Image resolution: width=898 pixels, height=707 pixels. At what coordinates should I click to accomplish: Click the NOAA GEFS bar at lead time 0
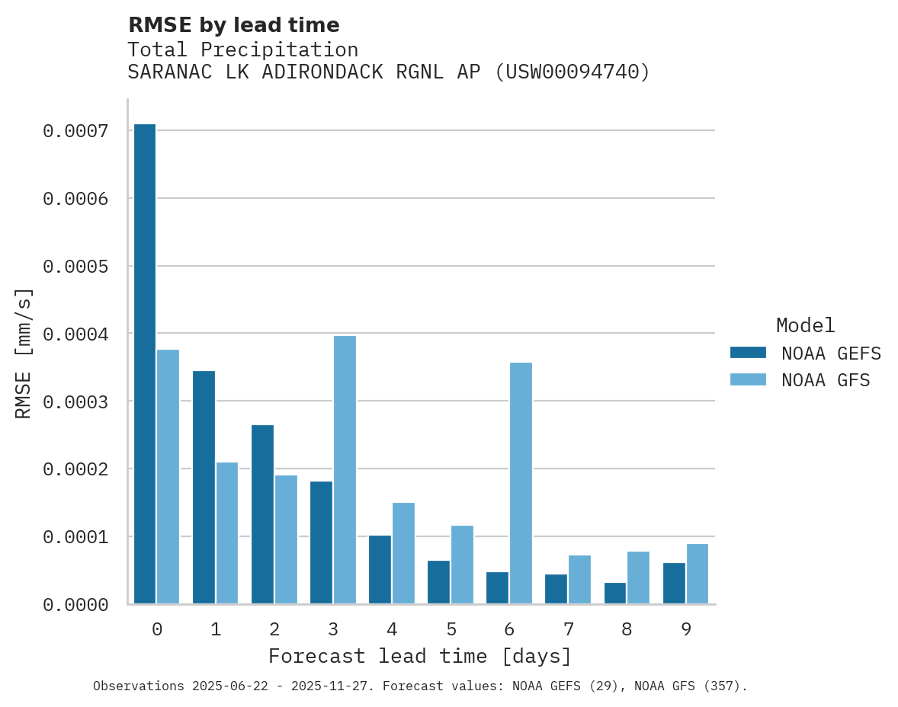pos(145,364)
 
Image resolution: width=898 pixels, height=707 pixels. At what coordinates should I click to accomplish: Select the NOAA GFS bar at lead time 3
pos(345,470)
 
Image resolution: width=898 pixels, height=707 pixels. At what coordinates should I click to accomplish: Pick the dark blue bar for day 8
pos(615,593)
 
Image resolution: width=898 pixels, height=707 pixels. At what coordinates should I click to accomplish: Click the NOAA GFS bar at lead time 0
pos(168,477)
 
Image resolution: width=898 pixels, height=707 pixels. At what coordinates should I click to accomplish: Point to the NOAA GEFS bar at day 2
pos(262,514)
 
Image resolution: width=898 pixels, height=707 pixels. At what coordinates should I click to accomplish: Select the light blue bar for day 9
pos(698,574)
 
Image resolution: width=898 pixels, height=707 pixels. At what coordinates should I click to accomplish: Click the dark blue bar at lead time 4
pos(380,570)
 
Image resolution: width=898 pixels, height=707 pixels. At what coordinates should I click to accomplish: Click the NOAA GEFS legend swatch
pos(748,353)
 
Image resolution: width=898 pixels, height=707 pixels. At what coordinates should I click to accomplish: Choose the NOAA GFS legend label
pos(826,380)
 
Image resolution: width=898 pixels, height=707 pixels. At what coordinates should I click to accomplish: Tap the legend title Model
pos(806,325)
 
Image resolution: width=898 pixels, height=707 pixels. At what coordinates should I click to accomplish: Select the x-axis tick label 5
pos(451,629)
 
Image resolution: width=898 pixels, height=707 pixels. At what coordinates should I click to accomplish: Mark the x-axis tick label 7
pos(569,629)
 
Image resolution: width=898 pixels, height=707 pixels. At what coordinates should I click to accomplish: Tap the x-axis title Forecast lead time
pos(420,656)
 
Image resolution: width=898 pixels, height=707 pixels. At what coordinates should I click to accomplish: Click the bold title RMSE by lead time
pos(233,25)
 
